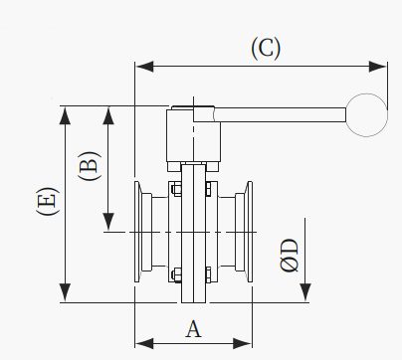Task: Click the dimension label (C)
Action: [266, 49]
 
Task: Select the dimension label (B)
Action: [89, 165]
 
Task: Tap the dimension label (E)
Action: [48, 201]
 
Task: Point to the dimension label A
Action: [193, 328]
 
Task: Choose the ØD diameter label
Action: [289, 256]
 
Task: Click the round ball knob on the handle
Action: [366, 115]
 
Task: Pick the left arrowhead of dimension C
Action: [144, 67]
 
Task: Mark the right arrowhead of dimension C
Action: [378, 67]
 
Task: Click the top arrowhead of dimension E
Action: [66, 115]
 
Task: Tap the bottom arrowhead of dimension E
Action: [66, 292]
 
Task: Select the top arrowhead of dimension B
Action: [108, 115]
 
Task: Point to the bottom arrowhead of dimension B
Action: [108, 222]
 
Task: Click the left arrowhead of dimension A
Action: [144, 343]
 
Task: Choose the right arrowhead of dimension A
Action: [243, 343]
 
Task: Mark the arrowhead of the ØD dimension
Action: [305, 292]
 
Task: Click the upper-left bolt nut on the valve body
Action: [176, 189]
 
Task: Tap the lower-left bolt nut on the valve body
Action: [176, 275]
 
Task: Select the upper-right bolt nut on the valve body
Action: [208, 189]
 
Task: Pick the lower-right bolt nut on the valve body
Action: [208, 275]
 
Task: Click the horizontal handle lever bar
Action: [281, 114]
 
